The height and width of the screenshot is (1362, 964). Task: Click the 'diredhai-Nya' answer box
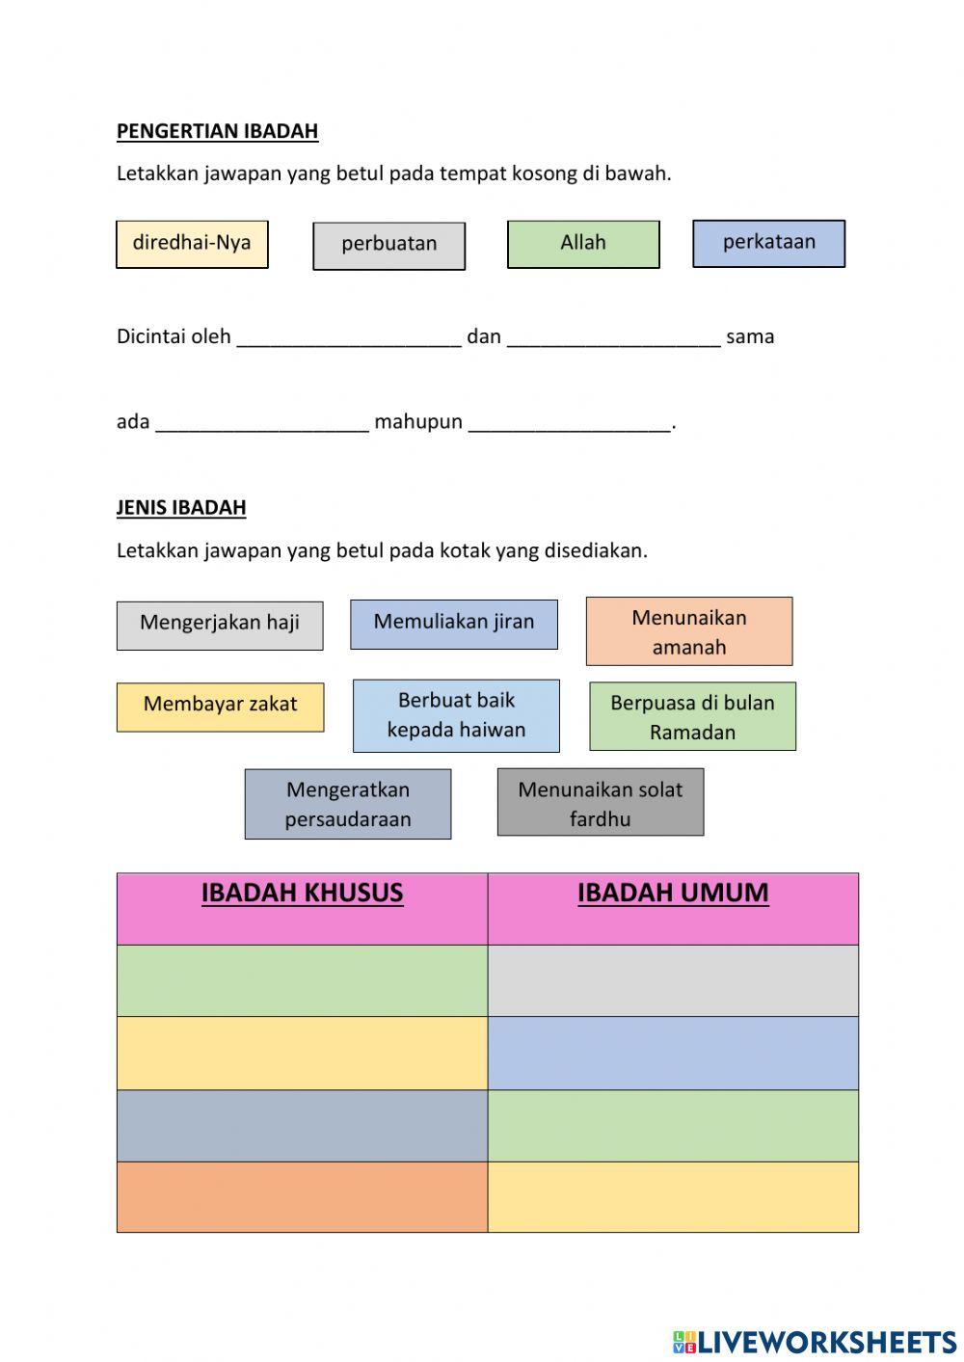192,244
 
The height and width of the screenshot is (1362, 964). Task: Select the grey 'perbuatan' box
388,246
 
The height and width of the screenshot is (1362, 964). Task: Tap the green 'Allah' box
583,244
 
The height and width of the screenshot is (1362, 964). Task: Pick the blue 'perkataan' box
768,243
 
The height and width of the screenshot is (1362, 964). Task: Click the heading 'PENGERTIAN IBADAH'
217,131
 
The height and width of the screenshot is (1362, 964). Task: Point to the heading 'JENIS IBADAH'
181,507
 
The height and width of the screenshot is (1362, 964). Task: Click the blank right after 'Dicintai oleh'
349,337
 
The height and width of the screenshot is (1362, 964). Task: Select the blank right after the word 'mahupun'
569,422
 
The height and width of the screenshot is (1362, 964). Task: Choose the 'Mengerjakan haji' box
220,625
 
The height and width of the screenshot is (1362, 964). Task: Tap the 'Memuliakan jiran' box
453,623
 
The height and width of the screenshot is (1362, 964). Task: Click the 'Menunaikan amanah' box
688,631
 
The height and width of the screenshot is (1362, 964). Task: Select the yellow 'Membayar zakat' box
220,707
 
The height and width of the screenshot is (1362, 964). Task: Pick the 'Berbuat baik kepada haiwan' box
456,715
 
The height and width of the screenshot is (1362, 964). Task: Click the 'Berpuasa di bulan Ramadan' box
692,716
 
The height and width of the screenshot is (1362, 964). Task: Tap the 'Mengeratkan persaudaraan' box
347,804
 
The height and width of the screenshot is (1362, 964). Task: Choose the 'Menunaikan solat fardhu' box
600,802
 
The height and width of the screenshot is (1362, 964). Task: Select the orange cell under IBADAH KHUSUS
302,1196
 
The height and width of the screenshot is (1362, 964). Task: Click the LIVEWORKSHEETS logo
815,1342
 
